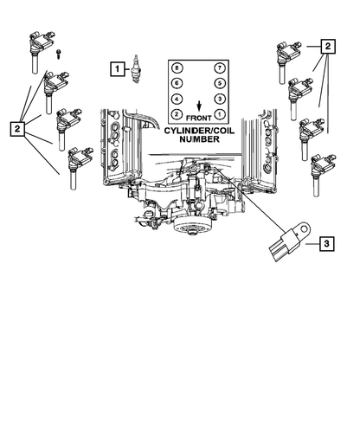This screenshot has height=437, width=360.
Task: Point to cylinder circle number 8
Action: pyautogui.click(x=177, y=67)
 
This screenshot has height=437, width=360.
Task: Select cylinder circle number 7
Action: pyautogui.click(x=218, y=67)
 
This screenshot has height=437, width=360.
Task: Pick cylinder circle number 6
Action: pyautogui.click(x=177, y=83)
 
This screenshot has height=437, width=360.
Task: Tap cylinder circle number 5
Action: pyautogui.click(x=218, y=83)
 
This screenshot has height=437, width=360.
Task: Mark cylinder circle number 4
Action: pyautogui.click(x=177, y=99)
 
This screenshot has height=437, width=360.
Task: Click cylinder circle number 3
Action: pyautogui.click(x=218, y=99)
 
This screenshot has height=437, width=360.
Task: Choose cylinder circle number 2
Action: pyautogui.click(x=177, y=114)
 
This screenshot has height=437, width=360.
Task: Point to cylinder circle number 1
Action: pyautogui.click(x=218, y=114)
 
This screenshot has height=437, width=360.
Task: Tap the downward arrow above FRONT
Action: pyautogui.click(x=197, y=101)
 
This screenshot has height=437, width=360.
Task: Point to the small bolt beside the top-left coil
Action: pyautogui.click(x=56, y=54)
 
